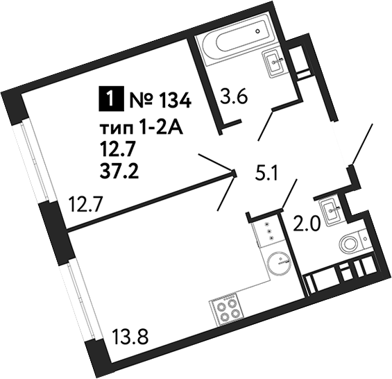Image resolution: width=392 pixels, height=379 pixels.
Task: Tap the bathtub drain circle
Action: coord(258,31)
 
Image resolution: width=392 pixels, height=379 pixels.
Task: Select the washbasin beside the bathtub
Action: coord(274,64)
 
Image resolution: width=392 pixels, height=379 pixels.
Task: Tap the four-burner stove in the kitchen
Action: coord(227,308)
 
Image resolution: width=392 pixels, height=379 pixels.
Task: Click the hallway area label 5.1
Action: coord(266,173)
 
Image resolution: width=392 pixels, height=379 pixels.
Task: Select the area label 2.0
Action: coord(307,224)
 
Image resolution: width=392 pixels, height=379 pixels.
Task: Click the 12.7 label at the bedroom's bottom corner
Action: coord(85,204)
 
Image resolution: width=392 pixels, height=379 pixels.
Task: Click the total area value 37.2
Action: coord(119,172)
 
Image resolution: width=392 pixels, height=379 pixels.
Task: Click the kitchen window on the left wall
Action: coord(80,299)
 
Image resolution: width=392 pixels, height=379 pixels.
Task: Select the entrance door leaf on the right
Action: coord(362,144)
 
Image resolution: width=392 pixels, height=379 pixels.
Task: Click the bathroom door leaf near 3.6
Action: coord(266,126)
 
